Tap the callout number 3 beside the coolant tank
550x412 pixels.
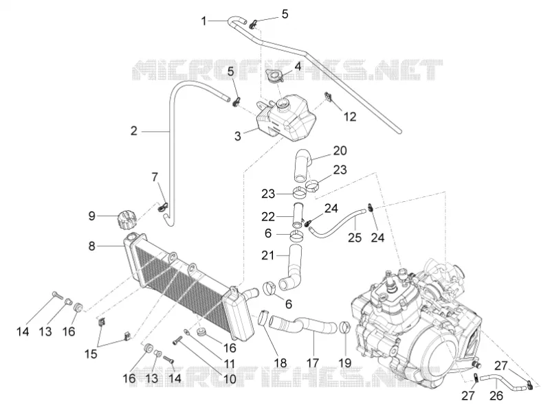pyautogui.click(x=238, y=136)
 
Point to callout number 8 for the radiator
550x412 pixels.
pyautogui.click(x=91, y=246)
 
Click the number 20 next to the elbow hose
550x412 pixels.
pyautogui.click(x=340, y=150)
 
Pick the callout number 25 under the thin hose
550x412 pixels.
pyautogui.click(x=355, y=238)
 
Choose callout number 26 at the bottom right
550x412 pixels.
pyautogui.click(x=496, y=396)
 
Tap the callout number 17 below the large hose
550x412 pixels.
pyautogui.click(x=312, y=363)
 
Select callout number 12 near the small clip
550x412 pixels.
pyautogui.click(x=349, y=116)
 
